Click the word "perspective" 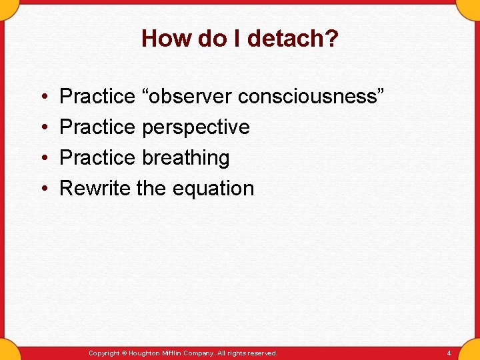click(x=196, y=127)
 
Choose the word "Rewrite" click(x=95, y=189)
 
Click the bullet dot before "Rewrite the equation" click(x=43, y=189)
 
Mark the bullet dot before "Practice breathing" click(x=43, y=159)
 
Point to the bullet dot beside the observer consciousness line click(x=43, y=97)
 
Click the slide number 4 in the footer click(x=449, y=353)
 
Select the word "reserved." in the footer click(x=261, y=353)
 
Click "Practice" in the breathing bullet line click(x=97, y=158)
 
